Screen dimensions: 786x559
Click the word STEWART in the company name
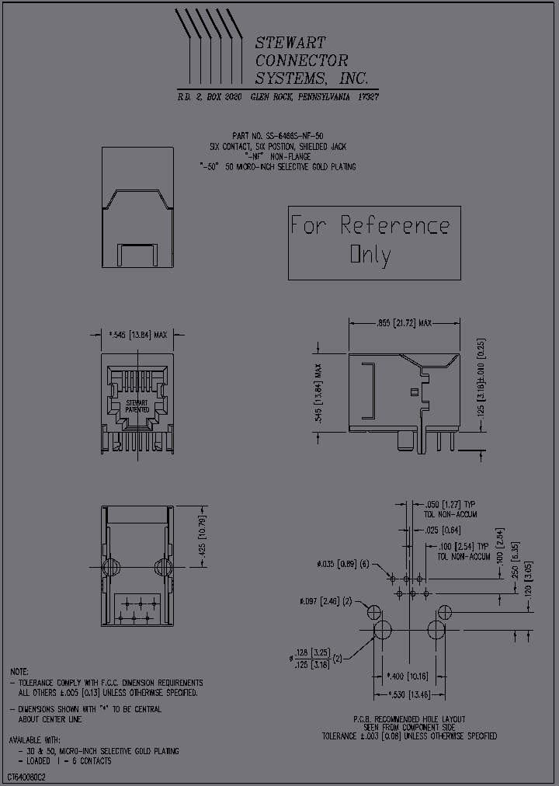coord(290,43)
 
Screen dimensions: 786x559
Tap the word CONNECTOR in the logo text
coord(302,61)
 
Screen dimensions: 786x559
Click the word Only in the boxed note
coord(371,254)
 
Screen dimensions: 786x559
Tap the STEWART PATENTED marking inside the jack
coord(137,406)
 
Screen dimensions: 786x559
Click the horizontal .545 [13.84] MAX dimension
coord(139,335)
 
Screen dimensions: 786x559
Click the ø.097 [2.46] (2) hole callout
coord(325,601)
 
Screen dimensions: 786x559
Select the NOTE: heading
coord(19,671)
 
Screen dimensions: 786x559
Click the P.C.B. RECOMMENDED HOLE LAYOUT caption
coord(409,719)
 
